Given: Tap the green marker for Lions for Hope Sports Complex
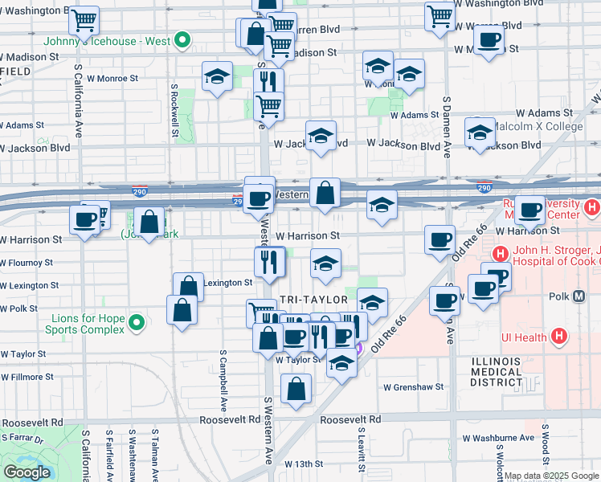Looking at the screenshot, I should (x=136, y=324).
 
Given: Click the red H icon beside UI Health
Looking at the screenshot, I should (x=561, y=337).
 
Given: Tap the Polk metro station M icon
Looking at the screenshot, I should (x=579, y=297).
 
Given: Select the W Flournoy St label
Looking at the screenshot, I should (x=27, y=263).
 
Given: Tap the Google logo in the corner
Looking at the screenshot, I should (x=26, y=472).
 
